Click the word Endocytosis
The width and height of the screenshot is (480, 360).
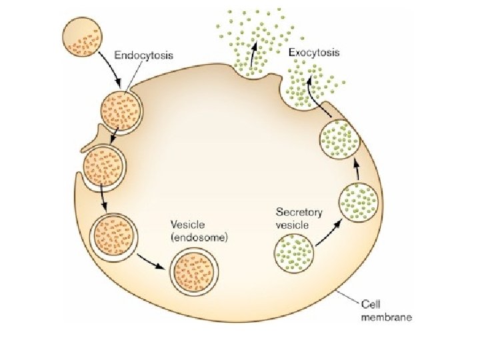(144, 55)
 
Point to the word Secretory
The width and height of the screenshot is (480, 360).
(299, 213)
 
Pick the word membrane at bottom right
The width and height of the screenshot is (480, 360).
(386, 317)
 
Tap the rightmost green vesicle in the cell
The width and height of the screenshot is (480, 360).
(360, 201)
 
